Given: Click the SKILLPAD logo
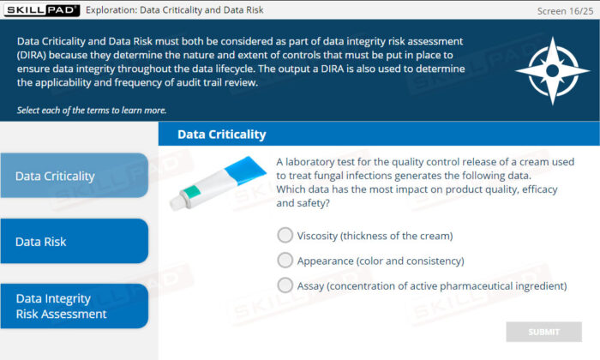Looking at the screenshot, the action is point(42,10).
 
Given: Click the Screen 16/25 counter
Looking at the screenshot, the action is point(565,11).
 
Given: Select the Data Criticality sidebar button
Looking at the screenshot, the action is point(75,176).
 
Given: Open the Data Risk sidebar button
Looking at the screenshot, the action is point(75,241).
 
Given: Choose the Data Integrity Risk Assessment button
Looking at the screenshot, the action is point(75,306).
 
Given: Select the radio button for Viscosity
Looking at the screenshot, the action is point(285,235).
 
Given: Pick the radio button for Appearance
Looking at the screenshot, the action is point(285,261).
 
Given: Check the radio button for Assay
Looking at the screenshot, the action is point(285,285).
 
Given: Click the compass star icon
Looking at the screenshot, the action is point(552,71).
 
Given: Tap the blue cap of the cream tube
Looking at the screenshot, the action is point(245,171).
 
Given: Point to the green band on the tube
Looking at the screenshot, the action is point(192,192).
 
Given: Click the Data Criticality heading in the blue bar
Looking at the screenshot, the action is point(221,135).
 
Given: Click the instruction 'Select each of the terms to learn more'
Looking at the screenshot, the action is point(92,111).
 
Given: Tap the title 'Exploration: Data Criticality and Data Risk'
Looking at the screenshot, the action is point(175,10).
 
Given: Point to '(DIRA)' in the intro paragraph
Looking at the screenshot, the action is point(32,55).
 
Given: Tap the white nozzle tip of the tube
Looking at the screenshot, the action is point(177,203).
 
